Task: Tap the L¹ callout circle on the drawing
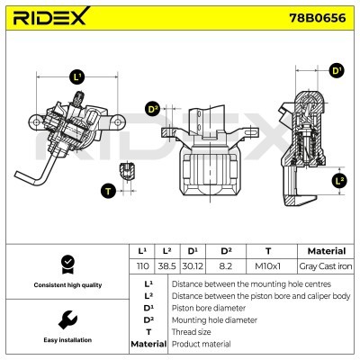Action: [x=76, y=78]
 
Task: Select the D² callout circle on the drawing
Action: [x=153, y=109]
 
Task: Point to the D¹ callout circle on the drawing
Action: [x=337, y=70]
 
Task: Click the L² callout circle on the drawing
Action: [x=338, y=181]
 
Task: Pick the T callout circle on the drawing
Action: [x=109, y=190]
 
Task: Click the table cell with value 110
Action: [x=141, y=267]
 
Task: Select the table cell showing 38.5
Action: [x=167, y=267]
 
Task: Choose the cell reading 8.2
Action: [x=227, y=267]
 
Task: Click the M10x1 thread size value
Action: [x=267, y=267]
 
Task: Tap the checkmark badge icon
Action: [x=66, y=264]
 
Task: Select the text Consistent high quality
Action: [x=66, y=285]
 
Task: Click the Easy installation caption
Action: [x=66, y=341]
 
